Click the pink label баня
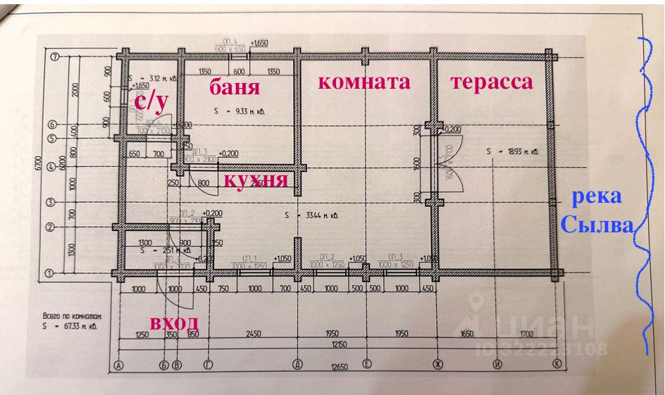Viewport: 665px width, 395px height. pos(235,88)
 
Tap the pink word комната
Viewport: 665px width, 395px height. pos(363,82)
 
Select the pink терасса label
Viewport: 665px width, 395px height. pos(492,82)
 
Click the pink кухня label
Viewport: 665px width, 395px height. pos(256,180)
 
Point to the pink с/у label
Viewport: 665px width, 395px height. pos(151,103)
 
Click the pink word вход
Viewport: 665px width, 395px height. pos(173,323)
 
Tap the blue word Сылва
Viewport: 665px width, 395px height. pos(597,227)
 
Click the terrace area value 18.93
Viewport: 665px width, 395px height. pos(512,151)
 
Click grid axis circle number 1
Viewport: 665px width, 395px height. pos(50,272)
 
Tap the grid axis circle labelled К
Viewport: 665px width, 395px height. pos(557,365)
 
